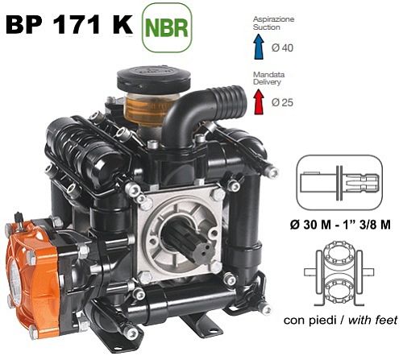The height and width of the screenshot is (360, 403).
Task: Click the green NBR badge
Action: point(167,27)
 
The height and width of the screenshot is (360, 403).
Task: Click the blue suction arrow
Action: point(259,46)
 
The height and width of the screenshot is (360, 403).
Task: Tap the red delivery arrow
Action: point(259,101)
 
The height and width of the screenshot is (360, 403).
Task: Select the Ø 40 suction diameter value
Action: point(282,48)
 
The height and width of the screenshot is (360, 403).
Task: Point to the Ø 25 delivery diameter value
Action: point(282,102)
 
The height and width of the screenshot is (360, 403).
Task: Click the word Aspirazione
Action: point(273,19)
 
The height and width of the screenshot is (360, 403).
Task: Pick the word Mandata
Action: point(268,74)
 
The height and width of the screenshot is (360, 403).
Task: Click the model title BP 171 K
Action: point(69,24)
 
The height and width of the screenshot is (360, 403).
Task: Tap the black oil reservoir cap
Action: point(154,79)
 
